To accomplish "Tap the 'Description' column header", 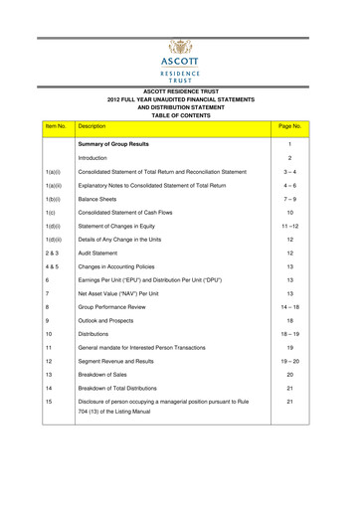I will pyautogui.click(x=91, y=128).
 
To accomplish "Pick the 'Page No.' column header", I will pyautogui.click(x=289, y=128).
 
